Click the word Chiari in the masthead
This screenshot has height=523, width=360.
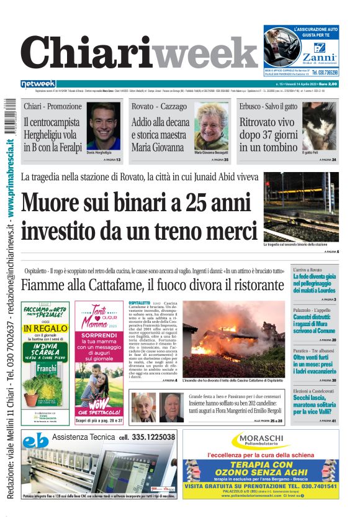pos(87,55)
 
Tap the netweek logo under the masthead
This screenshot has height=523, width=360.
pos(38,84)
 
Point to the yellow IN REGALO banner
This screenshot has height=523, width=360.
pos(45,328)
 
